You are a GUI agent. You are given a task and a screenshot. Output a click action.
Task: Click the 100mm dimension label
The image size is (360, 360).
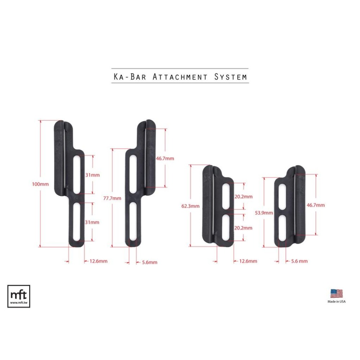tap(40, 184)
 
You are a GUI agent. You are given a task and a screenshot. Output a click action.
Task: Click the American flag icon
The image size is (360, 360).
tap(337, 293)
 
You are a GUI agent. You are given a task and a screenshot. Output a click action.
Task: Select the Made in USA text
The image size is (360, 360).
tap(337, 302)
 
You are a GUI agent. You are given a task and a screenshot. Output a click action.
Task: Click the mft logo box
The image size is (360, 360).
tap(19, 296)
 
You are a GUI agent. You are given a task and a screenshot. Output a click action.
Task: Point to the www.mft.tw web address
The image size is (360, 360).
tap(19, 303)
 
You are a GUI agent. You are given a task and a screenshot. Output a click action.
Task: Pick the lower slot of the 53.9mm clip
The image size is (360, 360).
tap(283, 226)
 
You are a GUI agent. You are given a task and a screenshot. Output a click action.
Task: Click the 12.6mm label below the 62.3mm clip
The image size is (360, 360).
tap(248, 261)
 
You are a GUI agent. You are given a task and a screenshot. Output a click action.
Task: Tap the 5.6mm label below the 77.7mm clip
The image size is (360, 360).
tap(149, 262)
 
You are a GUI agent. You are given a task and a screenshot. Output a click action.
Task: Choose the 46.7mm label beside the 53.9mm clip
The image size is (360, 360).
tap(315, 205)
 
